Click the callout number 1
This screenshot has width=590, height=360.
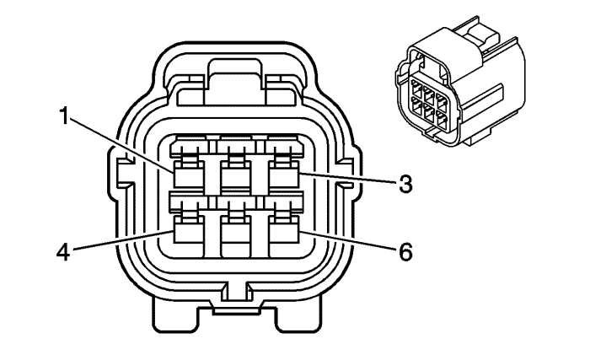tap(64, 116)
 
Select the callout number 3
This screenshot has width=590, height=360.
tap(405, 185)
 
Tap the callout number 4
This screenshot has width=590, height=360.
tap(63, 252)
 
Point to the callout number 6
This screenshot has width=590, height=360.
tap(405, 252)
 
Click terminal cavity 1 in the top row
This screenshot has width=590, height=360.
tap(190, 174)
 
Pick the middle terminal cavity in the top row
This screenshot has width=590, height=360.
tap(236, 174)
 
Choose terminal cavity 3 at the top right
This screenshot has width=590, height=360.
tap(283, 174)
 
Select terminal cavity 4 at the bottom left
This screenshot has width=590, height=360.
tap(190, 229)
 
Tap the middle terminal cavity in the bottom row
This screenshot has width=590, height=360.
tap(236, 229)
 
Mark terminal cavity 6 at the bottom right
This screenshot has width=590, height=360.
tap(283, 229)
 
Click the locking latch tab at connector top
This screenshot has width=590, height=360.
tap(235, 81)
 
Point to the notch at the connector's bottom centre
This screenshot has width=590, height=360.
tap(236, 293)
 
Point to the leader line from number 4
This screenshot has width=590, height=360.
tap(121, 239)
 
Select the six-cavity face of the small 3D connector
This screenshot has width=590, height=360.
tap(428, 103)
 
